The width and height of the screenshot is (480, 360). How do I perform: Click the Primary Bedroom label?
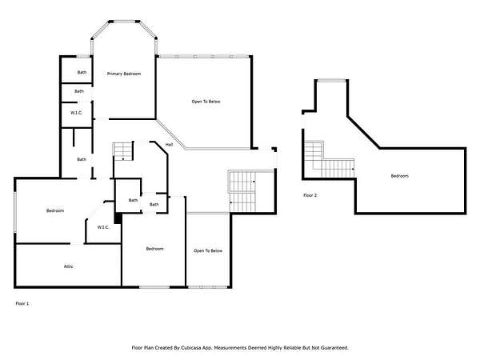[124, 74]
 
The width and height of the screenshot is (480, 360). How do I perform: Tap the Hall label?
[169, 145]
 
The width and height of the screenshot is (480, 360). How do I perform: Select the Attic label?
[68, 266]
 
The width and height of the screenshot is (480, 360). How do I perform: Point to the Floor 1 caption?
[22, 304]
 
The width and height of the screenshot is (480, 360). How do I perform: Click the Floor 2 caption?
[310, 195]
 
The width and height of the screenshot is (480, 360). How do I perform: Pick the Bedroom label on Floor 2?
[399, 176]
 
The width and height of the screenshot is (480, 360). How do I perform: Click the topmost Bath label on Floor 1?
[82, 72]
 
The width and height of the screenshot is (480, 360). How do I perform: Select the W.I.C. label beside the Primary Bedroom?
[77, 113]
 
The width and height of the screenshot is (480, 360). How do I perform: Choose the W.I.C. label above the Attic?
[103, 227]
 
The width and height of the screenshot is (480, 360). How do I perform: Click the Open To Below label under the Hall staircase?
[208, 251]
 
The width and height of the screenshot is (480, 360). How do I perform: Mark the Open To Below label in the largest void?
[206, 102]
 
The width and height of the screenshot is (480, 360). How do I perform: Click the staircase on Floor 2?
[330, 159]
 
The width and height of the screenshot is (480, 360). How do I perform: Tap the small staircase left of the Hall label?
[123, 151]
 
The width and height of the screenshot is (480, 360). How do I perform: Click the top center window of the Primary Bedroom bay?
[124, 22]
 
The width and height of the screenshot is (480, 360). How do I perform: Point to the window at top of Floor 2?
[332, 81]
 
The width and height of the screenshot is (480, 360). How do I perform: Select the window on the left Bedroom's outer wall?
[14, 213]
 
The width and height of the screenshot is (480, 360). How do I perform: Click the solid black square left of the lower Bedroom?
[118, 218]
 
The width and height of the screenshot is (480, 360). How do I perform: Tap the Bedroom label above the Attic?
[55, 210]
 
